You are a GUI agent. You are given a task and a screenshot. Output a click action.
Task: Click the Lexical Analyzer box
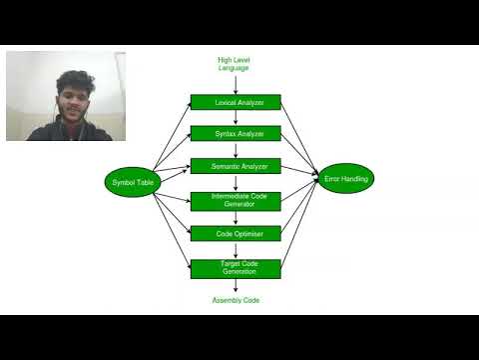[x=236, y=102]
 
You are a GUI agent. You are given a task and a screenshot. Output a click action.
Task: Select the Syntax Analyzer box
[x=236, y=133]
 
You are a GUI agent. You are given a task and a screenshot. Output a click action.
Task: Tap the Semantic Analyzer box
[x=236, y=165]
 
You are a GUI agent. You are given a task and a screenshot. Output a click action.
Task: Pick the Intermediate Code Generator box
[x=236, y=200]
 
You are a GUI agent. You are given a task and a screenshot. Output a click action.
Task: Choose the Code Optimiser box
[x=236, y=233]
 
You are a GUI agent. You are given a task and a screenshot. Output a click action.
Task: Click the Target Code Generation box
[x=236, y=268]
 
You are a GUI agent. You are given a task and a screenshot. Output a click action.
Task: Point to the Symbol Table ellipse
[x=130, y=181]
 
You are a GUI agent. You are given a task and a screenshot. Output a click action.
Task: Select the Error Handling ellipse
[x=346, y=179]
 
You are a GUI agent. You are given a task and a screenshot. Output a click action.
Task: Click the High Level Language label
[x=234, y=64]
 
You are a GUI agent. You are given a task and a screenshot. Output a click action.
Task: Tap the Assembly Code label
[x=236, y=300]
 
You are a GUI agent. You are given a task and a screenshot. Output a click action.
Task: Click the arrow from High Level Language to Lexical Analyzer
[x=236, y=84]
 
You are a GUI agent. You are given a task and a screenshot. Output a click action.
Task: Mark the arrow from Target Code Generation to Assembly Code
[x=236, y=286]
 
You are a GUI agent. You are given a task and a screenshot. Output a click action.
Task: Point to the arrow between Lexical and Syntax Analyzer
[x=236, y=118]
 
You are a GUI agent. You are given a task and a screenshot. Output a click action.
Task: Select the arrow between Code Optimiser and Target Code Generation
[x=236, y=249]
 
